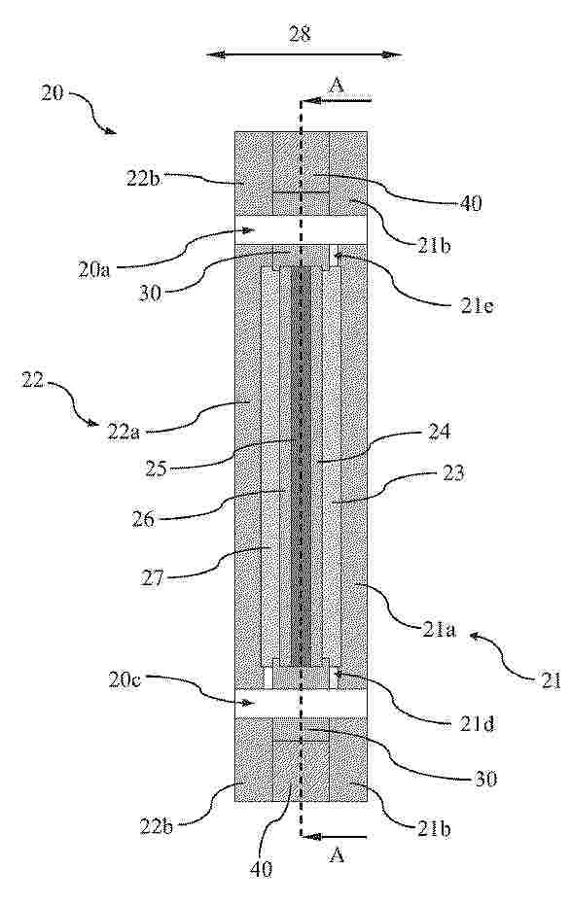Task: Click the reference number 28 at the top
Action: [x=300, y=34]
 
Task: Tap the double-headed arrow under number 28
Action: [x=303, y=54]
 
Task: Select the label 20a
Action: [x=93, y=270]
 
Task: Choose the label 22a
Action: [x=124, y=432]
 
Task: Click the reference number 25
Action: [x=155, y=468]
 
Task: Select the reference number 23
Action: [x=451, y=473]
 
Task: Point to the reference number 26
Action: [x=144, y=519]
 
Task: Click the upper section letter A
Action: [x=337, y=86]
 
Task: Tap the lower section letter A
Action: [x=337, y=856]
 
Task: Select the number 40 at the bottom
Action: [x=261, y=869]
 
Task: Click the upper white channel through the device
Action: [x=301, y=230]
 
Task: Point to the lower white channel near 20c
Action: [x=301, y=704]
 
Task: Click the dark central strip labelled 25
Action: [x=301, y=467]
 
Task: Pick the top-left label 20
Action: [x=52, y=92]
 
